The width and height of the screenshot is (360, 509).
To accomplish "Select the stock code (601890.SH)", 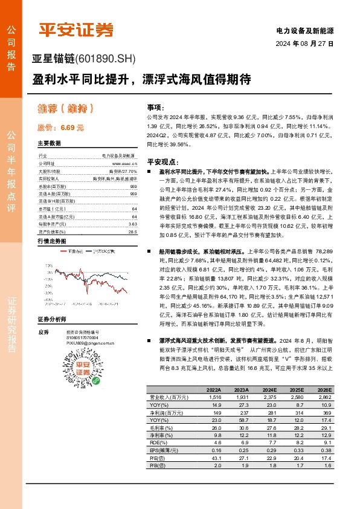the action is pos(106,59).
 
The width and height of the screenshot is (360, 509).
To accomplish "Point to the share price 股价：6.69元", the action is pos(60,128).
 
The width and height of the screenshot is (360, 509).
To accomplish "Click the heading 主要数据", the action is pos(49,143).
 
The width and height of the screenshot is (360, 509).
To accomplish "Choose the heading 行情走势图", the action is pos(51,241).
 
